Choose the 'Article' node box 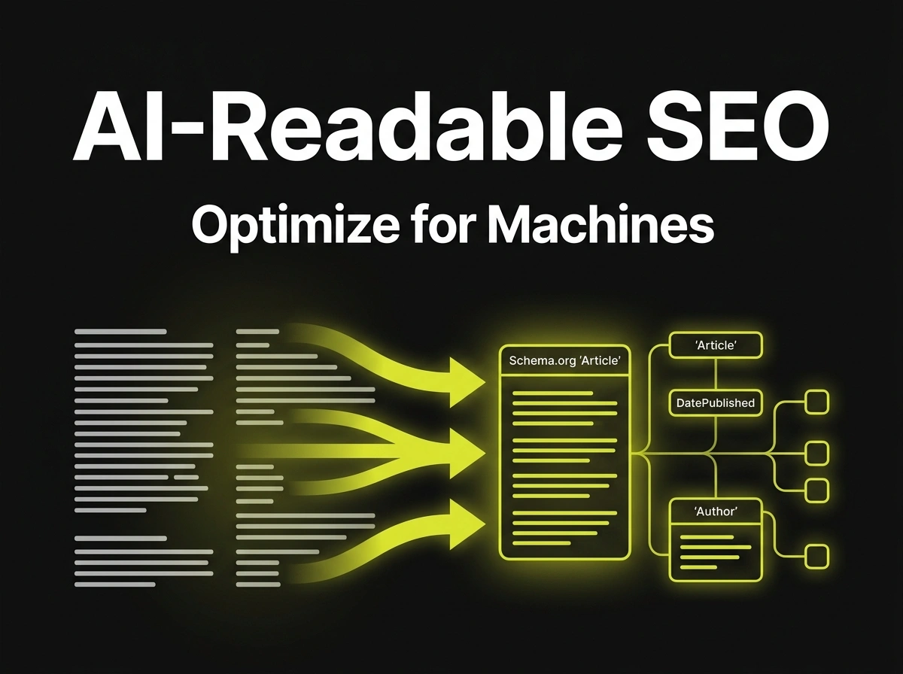pos(716,345)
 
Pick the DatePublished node pos(716,402)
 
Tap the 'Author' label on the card pos(715,512)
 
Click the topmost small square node pos(816,402)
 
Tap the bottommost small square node pos(816,557)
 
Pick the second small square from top pos(816,453)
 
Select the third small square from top pos(816,490)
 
